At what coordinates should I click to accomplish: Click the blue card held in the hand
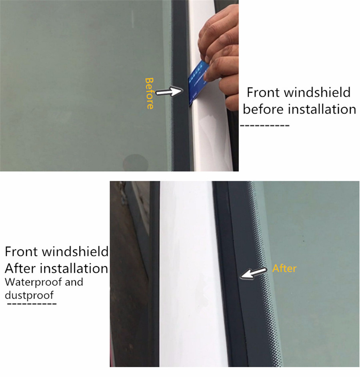pyautogui.click(x=198, y=82)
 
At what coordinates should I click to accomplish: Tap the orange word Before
pyautogui.click(x=149, y=93)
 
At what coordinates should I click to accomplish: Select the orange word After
pyautogui.click(x=284, y=268)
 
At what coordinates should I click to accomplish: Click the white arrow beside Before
pyautogui.click(x=169, y=92)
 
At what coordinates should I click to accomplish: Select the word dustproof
pyautogui.click(x=29, y=295)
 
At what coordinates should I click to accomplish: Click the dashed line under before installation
pyautogui.click(x=265, y=125)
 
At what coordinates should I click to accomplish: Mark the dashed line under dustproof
pyautogui.click(x=32, y=304)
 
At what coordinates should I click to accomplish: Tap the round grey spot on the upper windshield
pyautogui.click(x=135, y=163)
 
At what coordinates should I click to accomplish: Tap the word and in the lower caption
pyautogui.click(x=74, y=282)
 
